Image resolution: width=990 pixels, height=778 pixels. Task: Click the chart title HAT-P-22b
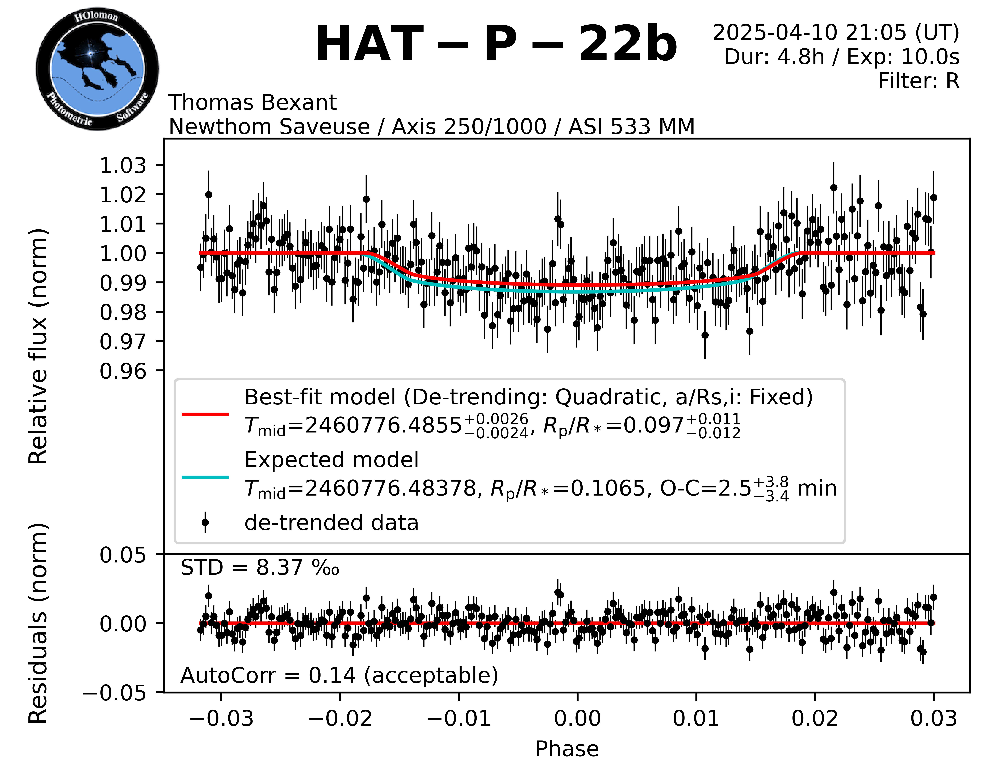tap(496, 44)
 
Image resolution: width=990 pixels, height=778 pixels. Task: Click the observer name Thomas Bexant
tap(253, 102)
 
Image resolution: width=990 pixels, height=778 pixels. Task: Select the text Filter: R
tap(918, 81)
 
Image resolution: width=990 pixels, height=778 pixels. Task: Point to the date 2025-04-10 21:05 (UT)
tap(836, 33)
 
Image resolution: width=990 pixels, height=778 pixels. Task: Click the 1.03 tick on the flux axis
tap(123, 165)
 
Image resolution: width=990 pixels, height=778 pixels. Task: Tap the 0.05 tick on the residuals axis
tap(123, 555)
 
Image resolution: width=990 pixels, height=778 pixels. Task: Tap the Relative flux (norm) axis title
tap(38, 346)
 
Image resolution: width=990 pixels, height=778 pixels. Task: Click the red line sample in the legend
tap(205, 414)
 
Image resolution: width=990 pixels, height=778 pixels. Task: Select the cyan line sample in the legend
tap(205, 477)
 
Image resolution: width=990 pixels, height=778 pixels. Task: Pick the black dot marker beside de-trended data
tap(205, 523)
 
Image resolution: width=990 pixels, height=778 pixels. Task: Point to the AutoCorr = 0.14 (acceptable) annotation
tap(339, 675)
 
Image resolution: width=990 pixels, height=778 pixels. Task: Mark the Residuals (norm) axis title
tap(38, 623)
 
